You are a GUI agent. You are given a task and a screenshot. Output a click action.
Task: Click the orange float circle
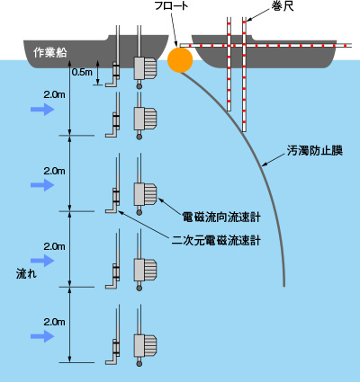180,60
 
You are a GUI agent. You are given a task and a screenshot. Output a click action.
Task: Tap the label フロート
171,6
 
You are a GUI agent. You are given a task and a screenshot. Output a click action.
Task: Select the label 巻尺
283,6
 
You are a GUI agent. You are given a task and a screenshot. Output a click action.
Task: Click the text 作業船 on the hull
49,53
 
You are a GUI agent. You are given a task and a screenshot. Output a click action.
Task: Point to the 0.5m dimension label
82,72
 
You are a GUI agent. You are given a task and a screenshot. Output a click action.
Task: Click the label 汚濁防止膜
314,151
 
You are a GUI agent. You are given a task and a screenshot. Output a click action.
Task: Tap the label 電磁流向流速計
221,217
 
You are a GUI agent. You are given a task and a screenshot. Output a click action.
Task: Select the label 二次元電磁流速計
216,241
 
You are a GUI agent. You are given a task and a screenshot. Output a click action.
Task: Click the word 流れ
26,274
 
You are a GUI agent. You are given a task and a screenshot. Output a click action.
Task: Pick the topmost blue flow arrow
42,110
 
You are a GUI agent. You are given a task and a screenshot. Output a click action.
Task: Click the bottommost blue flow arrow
42,336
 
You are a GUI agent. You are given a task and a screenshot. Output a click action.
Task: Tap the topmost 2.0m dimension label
54,95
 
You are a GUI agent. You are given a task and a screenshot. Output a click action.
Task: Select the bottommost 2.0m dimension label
54,322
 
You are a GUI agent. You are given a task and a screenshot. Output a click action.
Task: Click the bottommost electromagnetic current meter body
145,345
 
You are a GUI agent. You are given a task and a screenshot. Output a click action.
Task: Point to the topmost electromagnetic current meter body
145,68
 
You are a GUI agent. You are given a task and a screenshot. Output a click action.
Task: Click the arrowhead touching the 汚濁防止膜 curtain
265,164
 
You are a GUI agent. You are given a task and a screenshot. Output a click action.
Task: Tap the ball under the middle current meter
139,212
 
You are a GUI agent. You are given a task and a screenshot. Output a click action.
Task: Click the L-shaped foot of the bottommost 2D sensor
112,362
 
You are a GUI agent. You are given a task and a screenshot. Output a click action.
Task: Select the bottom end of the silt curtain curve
283,286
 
